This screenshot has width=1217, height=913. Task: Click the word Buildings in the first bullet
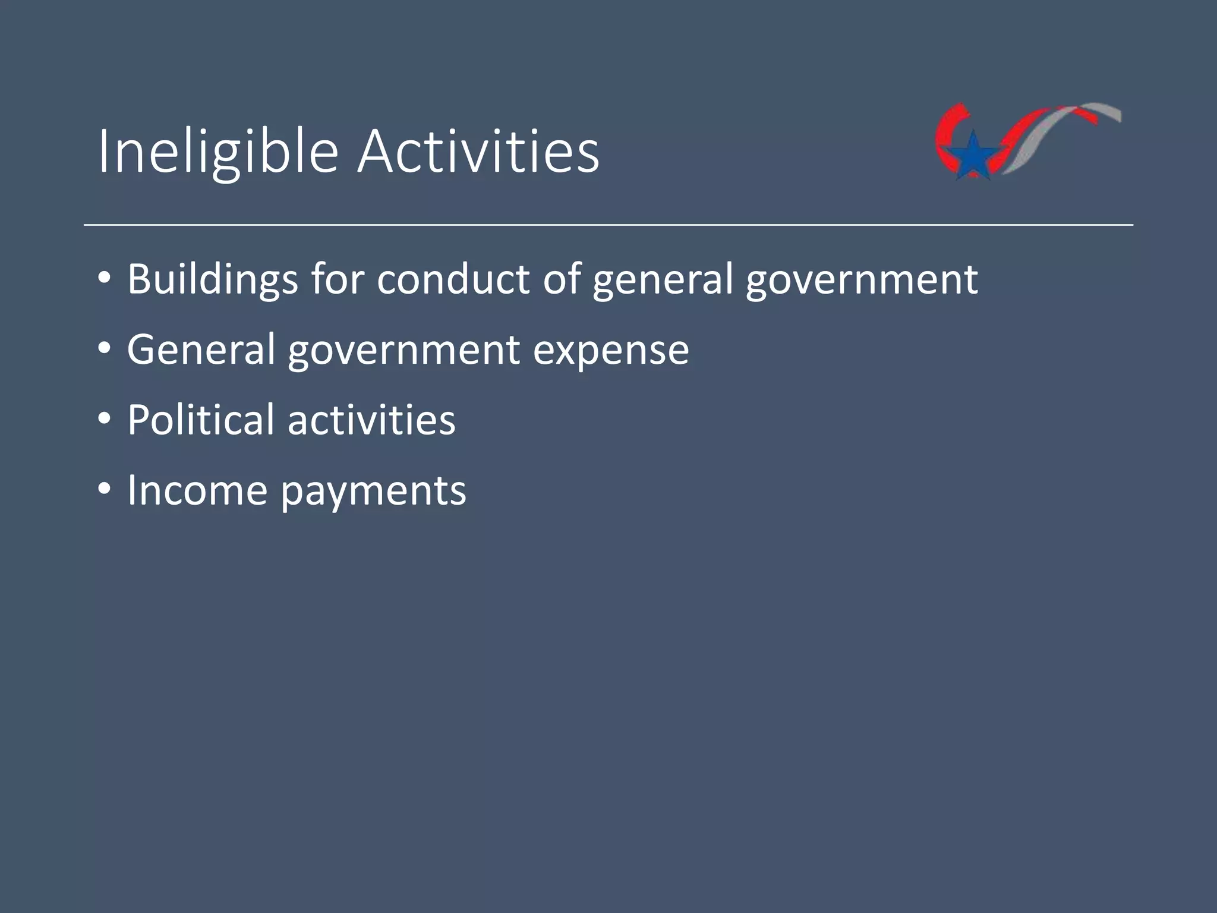[x=212, y=279]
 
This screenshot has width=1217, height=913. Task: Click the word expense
[x=611, y=350]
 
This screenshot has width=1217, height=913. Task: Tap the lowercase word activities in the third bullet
[x=371, y=420]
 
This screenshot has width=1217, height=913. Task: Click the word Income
[x=197, y=490]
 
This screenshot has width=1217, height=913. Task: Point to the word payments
[x=373, y=490]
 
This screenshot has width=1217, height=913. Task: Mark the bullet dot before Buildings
[x=105, y=279]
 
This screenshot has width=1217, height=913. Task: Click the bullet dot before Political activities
[x=105, y=420]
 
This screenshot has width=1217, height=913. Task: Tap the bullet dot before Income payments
[x=105, y=491]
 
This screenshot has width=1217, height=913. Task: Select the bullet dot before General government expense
[x=105, y=350]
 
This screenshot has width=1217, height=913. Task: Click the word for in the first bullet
[x=336, y=279]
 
